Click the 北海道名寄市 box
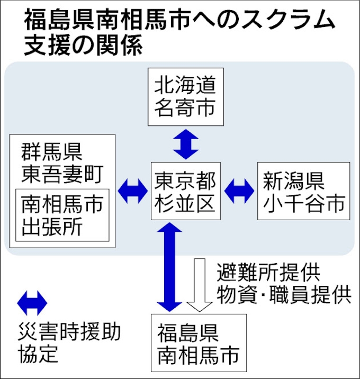tap(185, 96)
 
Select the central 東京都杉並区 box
tap(185, 191)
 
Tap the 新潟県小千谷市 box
tap(303, 191)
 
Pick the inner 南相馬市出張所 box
tap(62, 215)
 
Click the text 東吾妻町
tap(61, 172)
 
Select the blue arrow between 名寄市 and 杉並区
tap(185, 144)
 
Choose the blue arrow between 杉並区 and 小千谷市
tap(239, 191)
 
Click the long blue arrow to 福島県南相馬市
tap(170, 267)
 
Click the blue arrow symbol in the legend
tap(32, 303)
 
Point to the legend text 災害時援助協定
tap(69, 342)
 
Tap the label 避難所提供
tap(268, 273)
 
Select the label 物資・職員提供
tap(284, 294)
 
